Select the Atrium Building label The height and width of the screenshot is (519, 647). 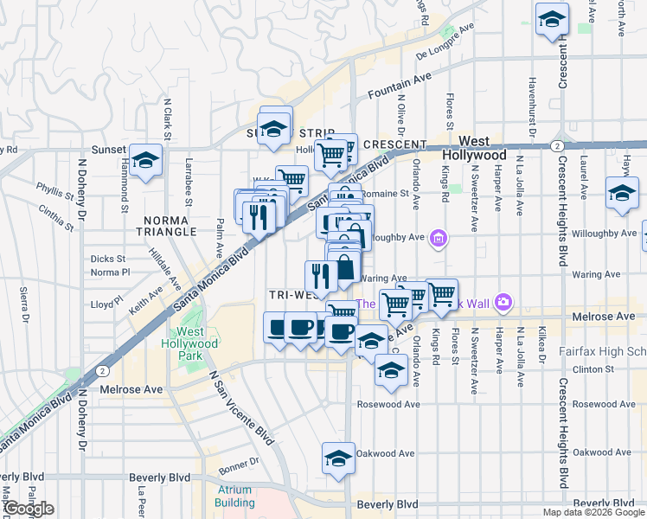click(234, 496)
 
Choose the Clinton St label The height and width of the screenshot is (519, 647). click(597, 369)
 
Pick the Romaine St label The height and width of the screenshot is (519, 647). click(384, 194)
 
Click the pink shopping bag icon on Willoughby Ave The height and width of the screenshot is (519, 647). click(439, 238)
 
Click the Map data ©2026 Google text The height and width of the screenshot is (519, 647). click(593, 512)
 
